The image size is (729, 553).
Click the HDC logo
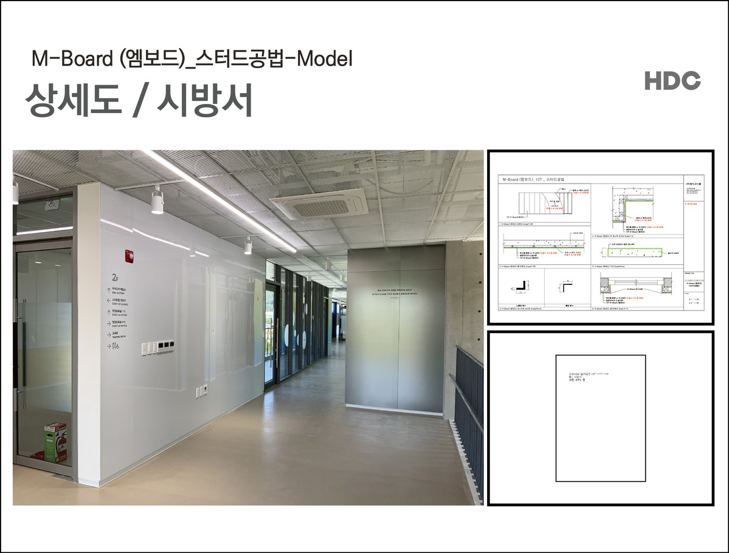click(672, 81)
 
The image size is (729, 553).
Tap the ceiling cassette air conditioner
click(319, 202)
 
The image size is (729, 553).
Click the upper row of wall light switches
click(157, 347)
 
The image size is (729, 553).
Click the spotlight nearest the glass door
click(156, 201)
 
